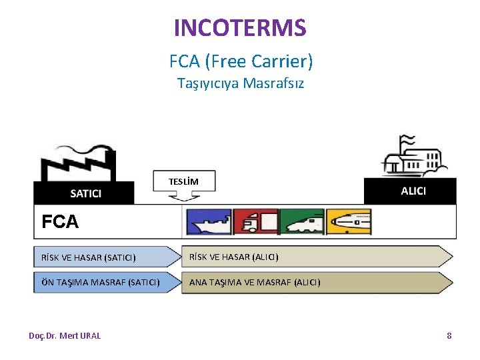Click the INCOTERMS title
(240, 28)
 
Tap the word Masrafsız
(273, 83)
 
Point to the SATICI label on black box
(86, 193)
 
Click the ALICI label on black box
(413, 191)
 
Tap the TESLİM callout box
(183, 181)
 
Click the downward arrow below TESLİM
(183, 196)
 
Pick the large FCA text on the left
(60, 222)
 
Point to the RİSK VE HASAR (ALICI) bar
(313, 257)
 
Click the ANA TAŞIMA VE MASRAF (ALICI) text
(255, 282)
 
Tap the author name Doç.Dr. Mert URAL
(65, 335)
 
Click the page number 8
(449, 335)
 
